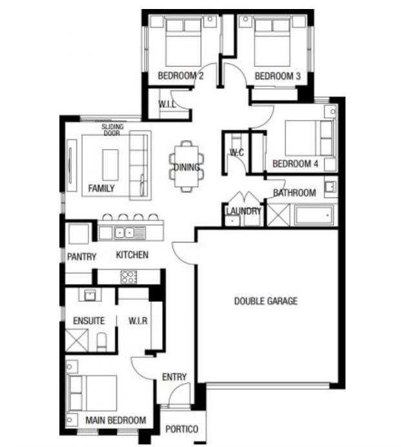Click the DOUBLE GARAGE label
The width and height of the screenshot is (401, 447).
tap(265, 301)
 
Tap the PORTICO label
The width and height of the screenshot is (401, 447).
tap(182, 429)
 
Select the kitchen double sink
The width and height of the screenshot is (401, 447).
tap(125, 233)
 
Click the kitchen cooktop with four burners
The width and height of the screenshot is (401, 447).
tap(129, 277)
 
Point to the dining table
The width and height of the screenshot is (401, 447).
tap(187, 166)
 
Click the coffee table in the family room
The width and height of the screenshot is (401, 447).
tap(110, 164)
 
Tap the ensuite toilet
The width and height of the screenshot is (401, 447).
tap(101, 342)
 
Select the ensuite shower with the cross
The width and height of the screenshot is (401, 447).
tap(77, 341)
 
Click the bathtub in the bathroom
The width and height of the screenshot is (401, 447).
tap(314, 215)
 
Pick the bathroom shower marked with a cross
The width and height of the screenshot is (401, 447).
tap(278, 215)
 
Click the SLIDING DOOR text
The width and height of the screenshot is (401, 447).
tap(113, 130)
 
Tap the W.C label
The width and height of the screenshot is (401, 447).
tap(237, 152)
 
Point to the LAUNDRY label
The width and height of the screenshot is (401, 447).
tap(243, 211)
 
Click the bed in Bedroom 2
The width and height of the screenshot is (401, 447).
tap(183, 43)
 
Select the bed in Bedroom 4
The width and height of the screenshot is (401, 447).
tap(309, 138)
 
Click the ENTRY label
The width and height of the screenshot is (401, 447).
tap(174, 377)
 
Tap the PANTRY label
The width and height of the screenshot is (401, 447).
tap(81, 257)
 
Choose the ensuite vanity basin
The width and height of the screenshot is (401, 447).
tap(90, 295)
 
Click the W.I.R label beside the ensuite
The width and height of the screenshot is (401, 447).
tap(138, 321)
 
